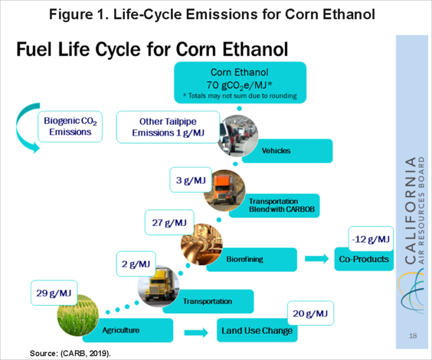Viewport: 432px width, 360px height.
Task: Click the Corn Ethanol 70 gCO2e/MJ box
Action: [x=240, y=82]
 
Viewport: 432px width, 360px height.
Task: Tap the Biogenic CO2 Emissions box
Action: [x=67, y=126]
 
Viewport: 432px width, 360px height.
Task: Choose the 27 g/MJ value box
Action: [x=169, y=223]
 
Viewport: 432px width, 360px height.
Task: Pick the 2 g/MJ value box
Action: [x=135, y=264]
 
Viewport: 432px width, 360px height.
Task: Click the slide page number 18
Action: [x=412, y=336]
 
